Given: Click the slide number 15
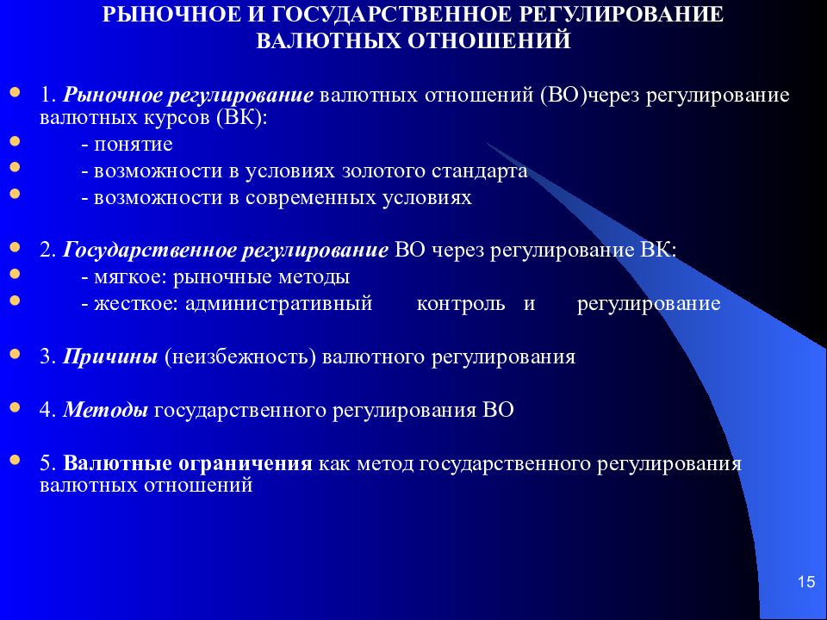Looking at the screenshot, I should [806, 583].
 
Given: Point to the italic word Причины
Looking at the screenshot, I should [109, 356].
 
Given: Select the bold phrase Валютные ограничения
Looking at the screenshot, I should [187, 463].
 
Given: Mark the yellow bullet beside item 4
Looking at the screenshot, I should [16, 406].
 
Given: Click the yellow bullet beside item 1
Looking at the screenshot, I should [16, 90].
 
